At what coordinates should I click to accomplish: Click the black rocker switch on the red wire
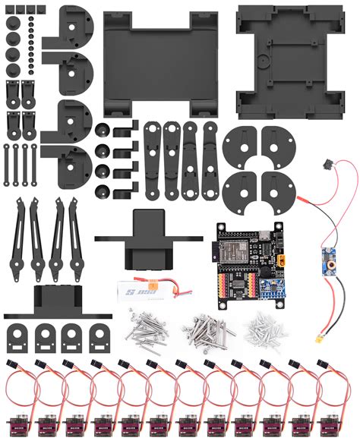[329, 162]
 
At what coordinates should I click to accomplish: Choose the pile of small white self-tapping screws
[264, 329]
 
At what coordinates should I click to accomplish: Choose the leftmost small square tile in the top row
[8, 6]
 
